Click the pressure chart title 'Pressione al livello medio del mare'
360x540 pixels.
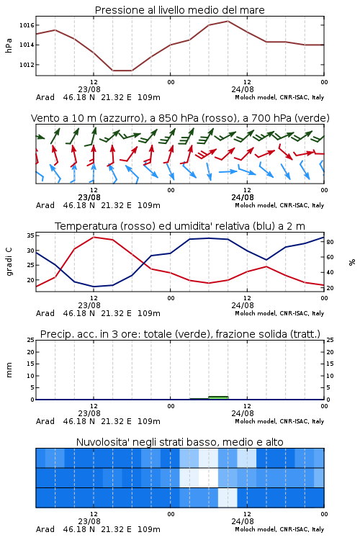click(x=179, y=10)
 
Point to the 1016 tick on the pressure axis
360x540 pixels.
click(x=27, y=25)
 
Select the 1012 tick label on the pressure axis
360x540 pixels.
click(x=27, y=65)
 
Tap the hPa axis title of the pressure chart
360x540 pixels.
click(x=9, y=45)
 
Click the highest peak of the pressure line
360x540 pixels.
click(x=228, y=21)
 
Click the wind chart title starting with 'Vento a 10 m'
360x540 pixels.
click(x=180, y=118)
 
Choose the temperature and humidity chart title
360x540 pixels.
click(x=180, y=226)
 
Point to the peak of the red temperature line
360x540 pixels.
click(x=94, y=238)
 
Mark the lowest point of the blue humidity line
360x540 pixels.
click(x=94, y=287)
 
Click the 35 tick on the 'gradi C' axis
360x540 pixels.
click(x=30, y=235)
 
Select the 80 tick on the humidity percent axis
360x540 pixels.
click(x=330, y=242)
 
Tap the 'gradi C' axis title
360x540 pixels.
click(x=9, y=261)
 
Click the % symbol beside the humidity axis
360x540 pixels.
click(x=352, y=262)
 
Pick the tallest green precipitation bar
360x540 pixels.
click(x=218, y=397)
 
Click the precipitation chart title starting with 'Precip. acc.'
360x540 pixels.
click(x=180, y=334)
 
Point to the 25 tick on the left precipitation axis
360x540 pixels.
click(x=31, y=340)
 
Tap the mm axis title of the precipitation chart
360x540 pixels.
click(x=9, y=370)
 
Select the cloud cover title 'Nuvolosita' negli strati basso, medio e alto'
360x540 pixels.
click(x=179, y=442)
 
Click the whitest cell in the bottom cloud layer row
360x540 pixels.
click(x=228, y=498)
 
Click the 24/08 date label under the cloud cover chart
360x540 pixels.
click(x=243, y=521)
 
